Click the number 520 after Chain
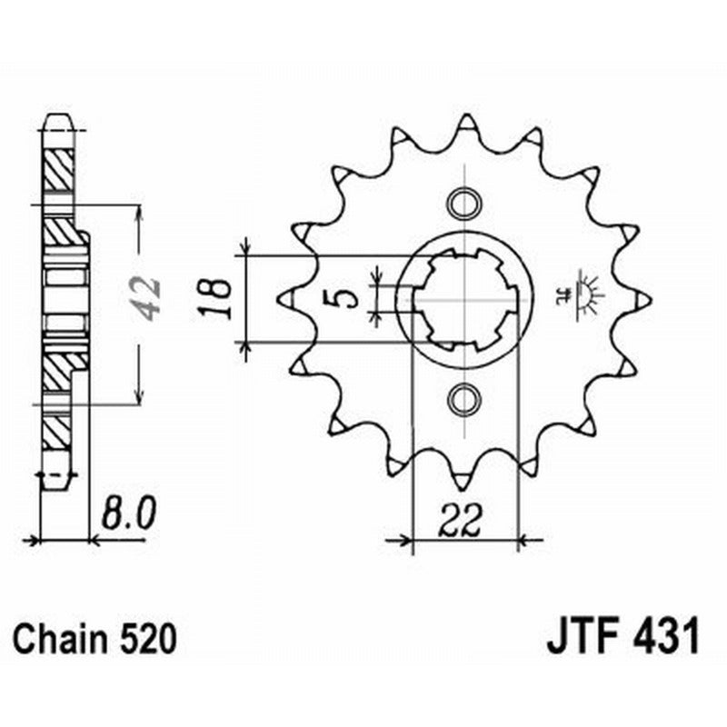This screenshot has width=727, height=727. pos(145,640)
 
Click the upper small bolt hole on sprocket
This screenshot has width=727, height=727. pos(464,200)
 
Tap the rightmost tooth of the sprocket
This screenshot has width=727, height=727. pos(642,298)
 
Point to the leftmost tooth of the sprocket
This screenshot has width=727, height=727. pos(285,298)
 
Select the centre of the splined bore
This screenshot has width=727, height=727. pos(464,298)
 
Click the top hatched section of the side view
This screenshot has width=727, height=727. pos(57,169)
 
